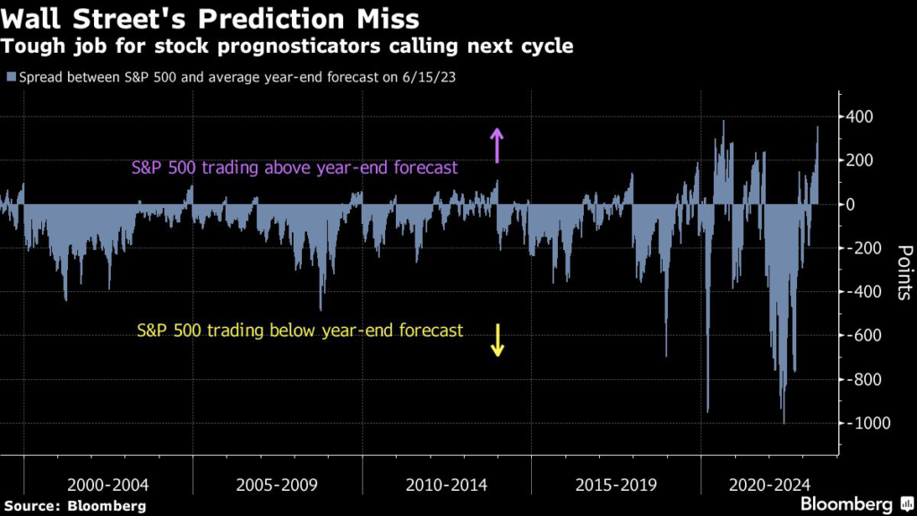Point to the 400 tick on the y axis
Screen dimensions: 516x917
click(x=861, y=116)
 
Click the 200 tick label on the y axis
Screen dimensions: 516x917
click(x=861, y=160)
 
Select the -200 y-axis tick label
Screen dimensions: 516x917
click(x=863, y=248)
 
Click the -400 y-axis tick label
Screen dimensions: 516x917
click(x=863, y=292)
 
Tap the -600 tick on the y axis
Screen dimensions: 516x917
click(x=863, y=336)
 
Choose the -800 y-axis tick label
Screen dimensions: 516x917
click(x=863, y=380)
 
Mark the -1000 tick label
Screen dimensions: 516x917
click(x=866, y=424)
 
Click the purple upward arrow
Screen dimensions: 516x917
click(x=498, y=143)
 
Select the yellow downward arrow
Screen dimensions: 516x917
click(x=498, y=338)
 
